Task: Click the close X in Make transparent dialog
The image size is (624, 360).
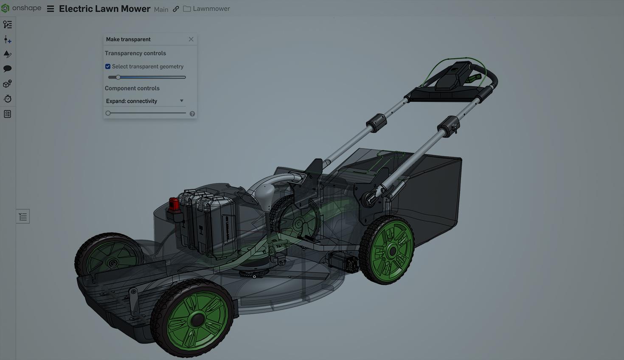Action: click(191, 39)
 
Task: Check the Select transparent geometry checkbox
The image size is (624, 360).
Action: click(108, 67)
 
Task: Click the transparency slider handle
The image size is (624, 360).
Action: click(118, 77)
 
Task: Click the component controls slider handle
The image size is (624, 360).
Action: click(108, 113)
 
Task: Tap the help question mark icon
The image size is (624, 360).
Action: click(192, 114)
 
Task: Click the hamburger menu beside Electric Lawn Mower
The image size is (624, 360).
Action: click(51, 9)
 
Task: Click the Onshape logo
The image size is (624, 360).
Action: click(6, 8)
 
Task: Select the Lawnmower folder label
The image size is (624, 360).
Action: click(211, 9)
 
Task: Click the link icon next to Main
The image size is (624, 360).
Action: click(176, 9)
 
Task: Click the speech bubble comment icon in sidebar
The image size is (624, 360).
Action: click(7, 69)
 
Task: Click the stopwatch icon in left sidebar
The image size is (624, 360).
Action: click(7, 99)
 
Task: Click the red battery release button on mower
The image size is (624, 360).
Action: click(174, 204)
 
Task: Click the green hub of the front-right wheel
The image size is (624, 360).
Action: click(197, 319)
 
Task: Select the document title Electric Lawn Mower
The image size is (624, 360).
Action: click(104, 9)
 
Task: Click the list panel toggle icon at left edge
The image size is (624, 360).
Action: click(23, 217)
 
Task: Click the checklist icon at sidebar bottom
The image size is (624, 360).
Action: click(7, 114)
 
